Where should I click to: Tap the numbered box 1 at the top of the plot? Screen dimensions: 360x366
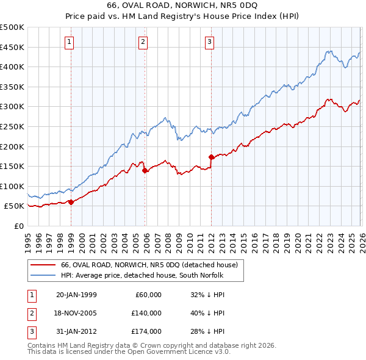(x=70, y=42)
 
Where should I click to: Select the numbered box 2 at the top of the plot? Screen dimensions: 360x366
(x=143, y=42)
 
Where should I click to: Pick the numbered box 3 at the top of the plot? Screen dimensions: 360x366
(x=209, y=42)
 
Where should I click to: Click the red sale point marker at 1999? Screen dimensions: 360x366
(x=71, y=202)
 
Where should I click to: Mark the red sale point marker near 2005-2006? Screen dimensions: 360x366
(x=145, y=171)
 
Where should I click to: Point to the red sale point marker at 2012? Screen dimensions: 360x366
(x=211, y=157)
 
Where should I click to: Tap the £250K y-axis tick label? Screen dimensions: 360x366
(x=12, y=126)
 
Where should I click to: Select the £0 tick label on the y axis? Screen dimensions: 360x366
(x=20, y=226)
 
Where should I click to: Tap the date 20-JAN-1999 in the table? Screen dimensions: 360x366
(x=76, y=295)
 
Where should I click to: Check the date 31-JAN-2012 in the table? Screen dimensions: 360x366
(x=76, y=331)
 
